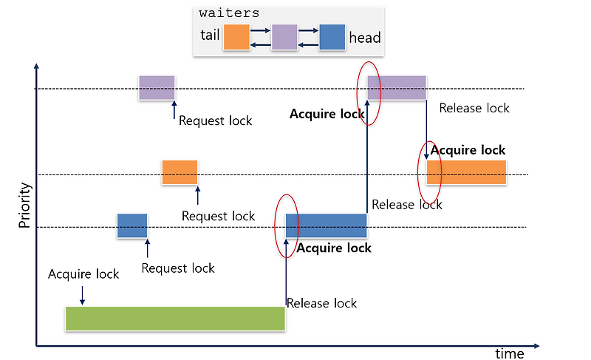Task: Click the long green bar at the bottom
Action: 175,318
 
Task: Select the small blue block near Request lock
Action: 132,225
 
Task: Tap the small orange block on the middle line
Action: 180,172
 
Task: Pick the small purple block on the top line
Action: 157,87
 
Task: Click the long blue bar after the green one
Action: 327,225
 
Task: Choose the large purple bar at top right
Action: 397,87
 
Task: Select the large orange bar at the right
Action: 466,172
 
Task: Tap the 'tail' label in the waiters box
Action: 210,36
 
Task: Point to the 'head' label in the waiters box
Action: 365,37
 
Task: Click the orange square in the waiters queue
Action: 236,37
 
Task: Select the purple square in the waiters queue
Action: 284,37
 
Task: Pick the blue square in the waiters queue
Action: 332,37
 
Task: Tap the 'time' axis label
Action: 509,353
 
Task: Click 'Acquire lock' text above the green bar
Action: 83,274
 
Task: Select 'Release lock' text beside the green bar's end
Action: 321,303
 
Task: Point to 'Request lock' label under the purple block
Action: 215,120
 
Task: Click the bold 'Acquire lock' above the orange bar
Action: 468,151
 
